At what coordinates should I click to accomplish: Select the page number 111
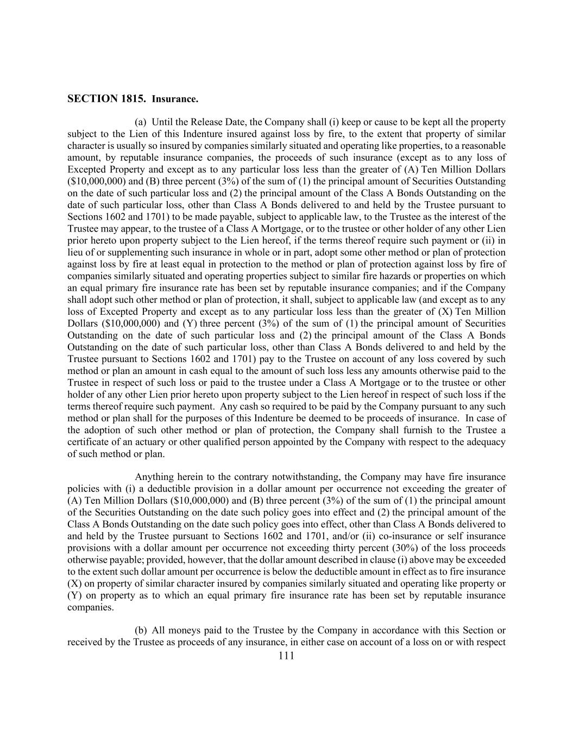(x=286, y=656)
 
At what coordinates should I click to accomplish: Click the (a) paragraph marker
(x=141, y=122)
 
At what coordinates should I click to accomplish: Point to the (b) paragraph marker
(x=141, y=631)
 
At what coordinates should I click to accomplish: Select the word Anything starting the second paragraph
(x=153, y=477)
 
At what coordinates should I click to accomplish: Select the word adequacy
(x=486, y=442)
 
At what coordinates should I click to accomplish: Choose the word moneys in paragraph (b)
(x=186, y=631)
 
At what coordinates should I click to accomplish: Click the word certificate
(x=89, y=442)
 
